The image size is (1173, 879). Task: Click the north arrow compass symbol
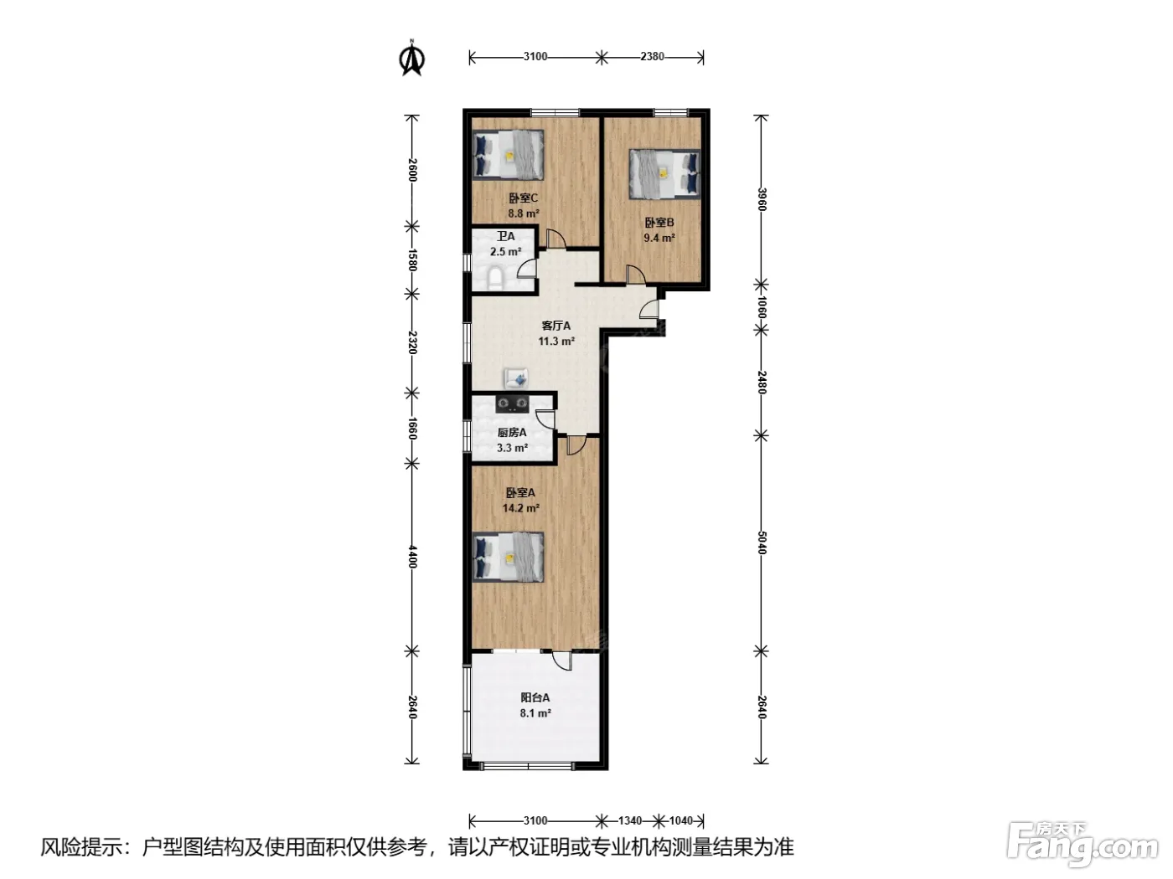pos(412,58)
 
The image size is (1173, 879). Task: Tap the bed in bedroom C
pos(509,155)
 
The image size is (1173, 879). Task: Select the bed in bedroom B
pos(664,174)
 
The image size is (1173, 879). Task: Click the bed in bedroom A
pos(509,557)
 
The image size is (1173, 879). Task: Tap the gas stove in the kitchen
pos(513,404)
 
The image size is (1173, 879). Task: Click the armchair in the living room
pos(516,379)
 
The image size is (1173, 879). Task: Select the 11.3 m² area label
pos(556,341)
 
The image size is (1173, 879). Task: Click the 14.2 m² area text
pos(520,508)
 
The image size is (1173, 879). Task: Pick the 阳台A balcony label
pos(535,697)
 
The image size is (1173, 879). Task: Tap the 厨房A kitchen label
pos(512,432)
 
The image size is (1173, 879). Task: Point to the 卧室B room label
pos(659,223)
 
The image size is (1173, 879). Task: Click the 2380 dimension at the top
pos(652,57)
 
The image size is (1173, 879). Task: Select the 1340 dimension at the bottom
pos(630,820)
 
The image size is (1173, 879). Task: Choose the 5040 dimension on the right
pos(762,542)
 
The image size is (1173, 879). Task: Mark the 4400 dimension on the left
pos(412,556)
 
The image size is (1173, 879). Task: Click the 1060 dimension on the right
pos(762,307)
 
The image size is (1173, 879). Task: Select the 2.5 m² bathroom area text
pos(505,251)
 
